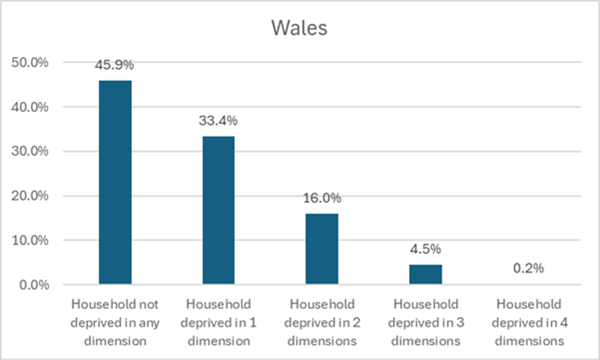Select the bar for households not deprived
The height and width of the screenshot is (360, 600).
115,182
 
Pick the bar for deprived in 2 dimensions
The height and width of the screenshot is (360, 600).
322,249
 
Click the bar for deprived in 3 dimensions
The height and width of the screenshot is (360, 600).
425,274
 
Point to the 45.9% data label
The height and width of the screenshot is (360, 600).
114,65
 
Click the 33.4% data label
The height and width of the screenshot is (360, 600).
218,121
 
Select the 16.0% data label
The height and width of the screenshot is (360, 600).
322,198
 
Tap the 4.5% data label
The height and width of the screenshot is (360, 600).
425,249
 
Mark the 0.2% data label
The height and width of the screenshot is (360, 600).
528,268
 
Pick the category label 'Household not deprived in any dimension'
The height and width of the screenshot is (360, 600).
115,323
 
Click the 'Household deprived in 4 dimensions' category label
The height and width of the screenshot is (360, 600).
529,323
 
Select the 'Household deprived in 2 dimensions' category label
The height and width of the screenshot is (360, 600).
322,323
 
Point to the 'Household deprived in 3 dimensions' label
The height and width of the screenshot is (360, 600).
425,323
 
